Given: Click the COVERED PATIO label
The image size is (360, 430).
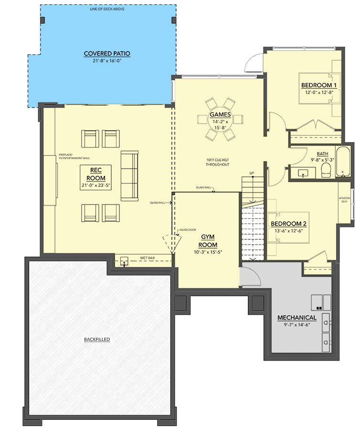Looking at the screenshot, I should [x=107, y=54].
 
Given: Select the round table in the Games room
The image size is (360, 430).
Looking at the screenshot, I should [x=220, y=119].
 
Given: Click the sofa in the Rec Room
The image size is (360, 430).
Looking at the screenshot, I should [x=129, y=175].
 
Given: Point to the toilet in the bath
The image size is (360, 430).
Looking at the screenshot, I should [x=327, y=171].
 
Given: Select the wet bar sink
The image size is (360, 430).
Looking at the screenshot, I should [x=125, y=261].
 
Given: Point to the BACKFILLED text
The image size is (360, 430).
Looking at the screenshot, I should [x=97, y=339].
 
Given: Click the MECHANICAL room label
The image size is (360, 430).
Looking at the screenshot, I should [x=297, y=318].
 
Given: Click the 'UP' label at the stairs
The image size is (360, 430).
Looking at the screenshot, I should [x=251, y=172].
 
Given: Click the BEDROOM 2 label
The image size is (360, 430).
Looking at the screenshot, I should [x=288, y=224].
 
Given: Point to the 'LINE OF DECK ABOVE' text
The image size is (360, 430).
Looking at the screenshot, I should [x=107, y=9].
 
